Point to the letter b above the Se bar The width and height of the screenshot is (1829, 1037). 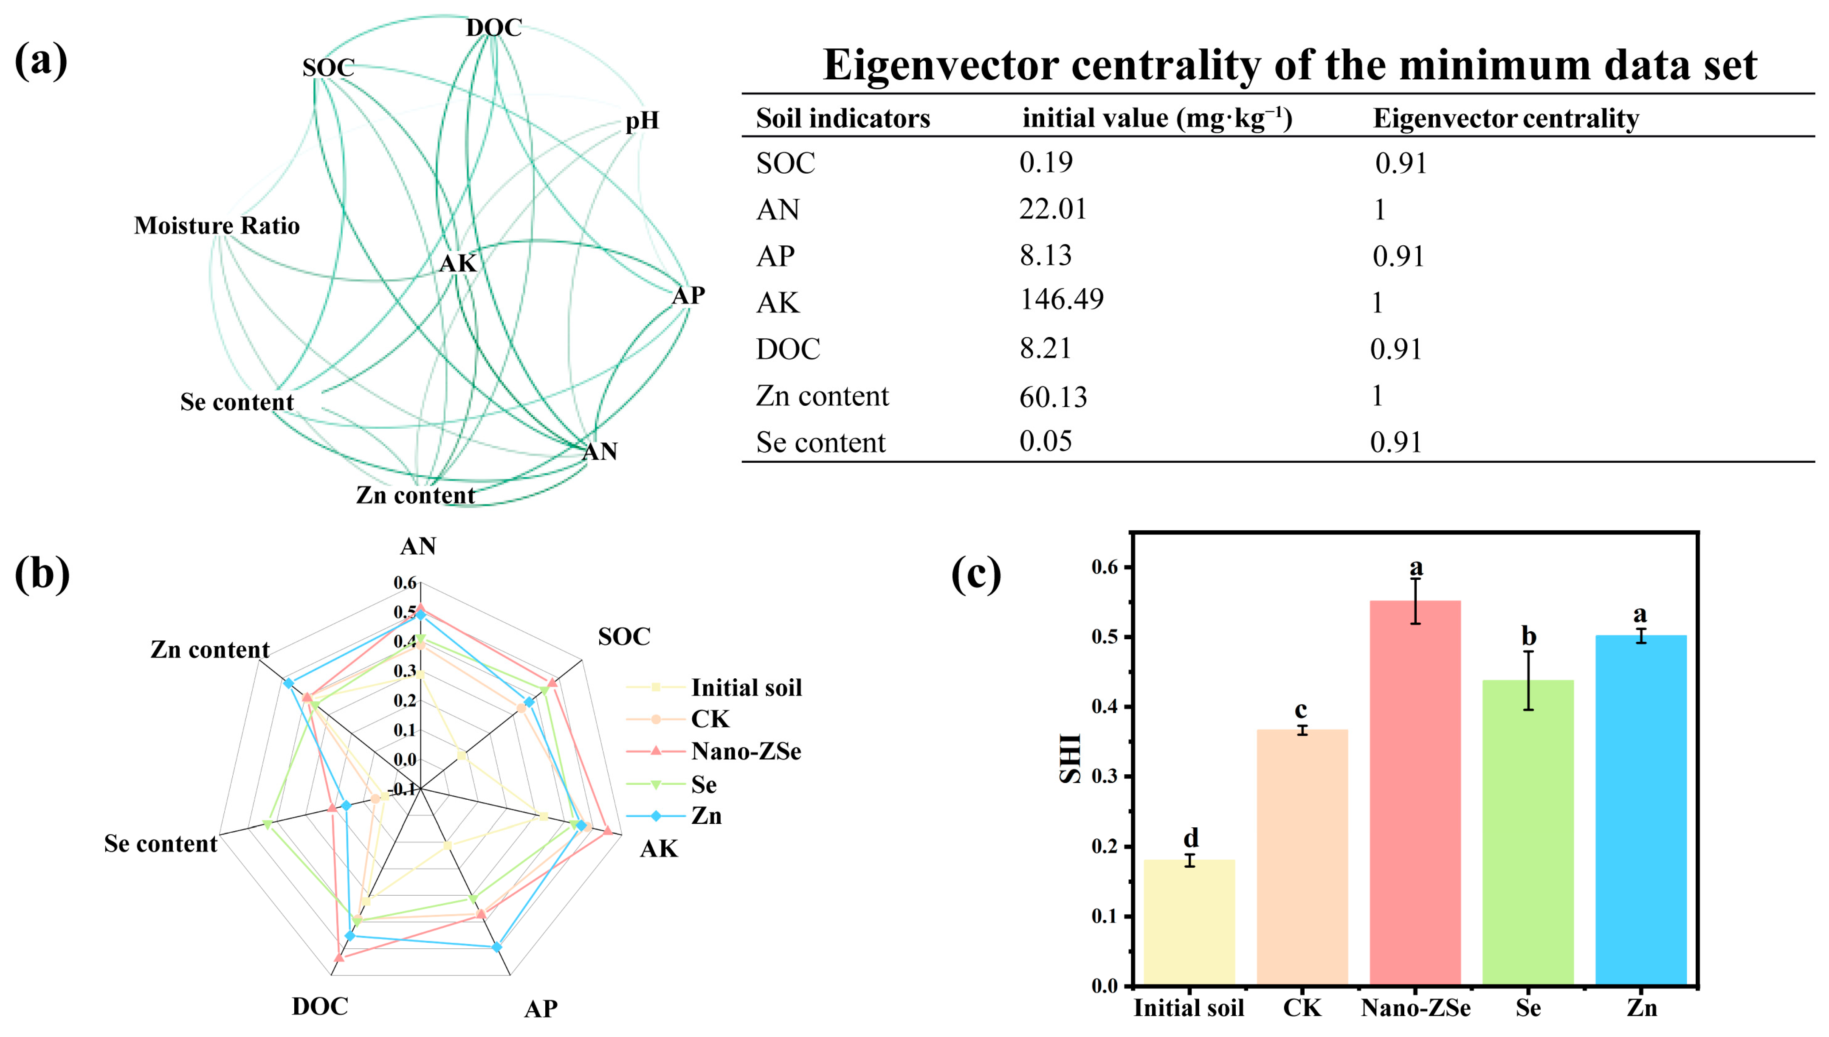click(1528, 635)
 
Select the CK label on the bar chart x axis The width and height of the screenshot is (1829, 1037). click(1302, 1008)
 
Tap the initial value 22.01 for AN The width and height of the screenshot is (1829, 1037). click(1052, 209)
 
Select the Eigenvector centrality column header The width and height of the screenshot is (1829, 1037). click(1505, 118)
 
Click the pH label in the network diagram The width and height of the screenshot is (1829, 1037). click(642, 121)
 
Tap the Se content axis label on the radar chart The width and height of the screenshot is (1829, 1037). click(161, 843)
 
